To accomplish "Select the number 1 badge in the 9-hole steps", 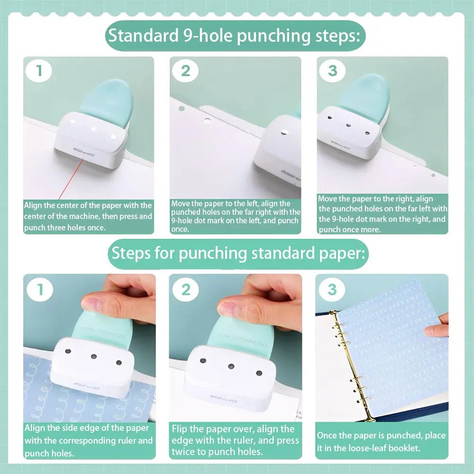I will (x=39, y=71).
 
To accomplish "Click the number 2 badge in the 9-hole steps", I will (x=185, y=71).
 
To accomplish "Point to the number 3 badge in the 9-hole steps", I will (x=332, y=71).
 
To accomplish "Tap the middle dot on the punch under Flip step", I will (x=231, y=366).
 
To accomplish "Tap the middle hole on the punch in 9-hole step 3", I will (x=348, y=126).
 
